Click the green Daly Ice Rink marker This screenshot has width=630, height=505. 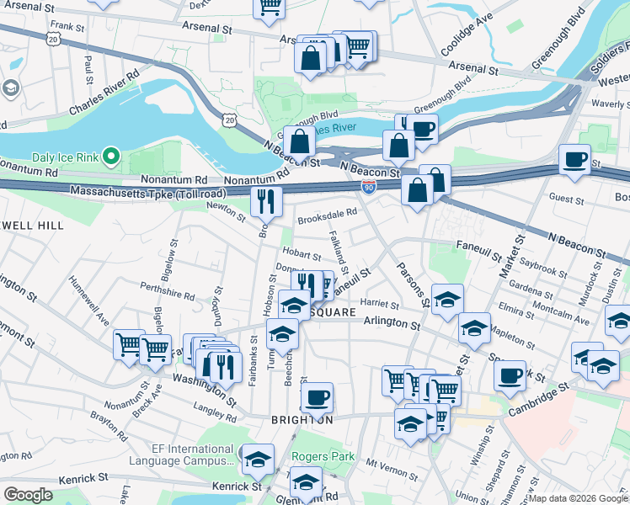coord(110,157)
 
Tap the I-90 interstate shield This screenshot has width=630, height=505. coord(368,185)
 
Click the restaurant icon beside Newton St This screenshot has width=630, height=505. coord(265,201)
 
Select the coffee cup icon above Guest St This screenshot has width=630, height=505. coord(576,159)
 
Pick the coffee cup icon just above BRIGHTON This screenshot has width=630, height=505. coord(316,396)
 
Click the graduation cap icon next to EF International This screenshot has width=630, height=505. coord(259,459)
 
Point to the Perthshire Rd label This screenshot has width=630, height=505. coord(167,291)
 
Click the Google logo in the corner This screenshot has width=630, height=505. coord(28,494)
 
